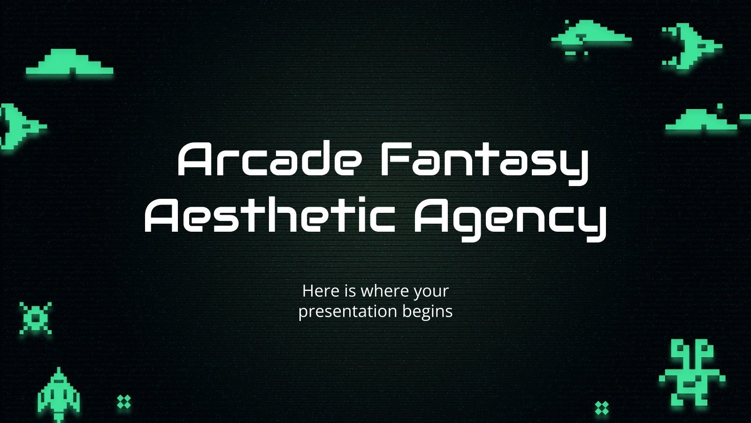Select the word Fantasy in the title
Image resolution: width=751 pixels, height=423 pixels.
click(483, 162)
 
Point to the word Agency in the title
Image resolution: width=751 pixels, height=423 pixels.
click(509, 219)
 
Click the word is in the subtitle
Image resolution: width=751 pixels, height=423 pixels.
click(350, 291)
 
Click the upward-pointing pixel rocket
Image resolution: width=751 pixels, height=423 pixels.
click(59, 395)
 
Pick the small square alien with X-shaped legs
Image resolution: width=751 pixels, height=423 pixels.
click(36, 318)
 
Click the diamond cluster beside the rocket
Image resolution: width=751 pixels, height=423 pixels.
click(124, 402)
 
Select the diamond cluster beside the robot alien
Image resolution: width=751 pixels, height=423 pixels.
click(602, 408)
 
